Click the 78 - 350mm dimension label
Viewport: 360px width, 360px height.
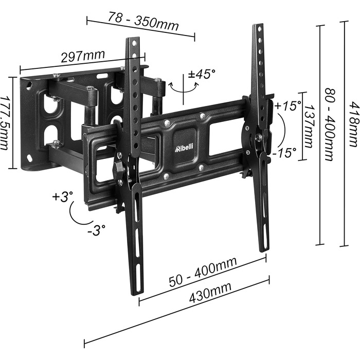[x=143, y=22]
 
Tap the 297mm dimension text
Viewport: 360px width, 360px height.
[x=83, y=56]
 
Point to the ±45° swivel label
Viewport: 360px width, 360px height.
[x=202, y=74]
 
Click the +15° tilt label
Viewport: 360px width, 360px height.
[x=287, y=105]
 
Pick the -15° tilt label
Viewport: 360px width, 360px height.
[x=284, y=153]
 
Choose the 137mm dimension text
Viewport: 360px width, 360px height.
[x=309, y=127]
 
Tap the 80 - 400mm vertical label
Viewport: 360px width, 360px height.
[x=330, y=124]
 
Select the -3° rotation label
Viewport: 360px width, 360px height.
[x=96, y=230]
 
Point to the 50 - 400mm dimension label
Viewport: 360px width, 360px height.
[x=203, y=272]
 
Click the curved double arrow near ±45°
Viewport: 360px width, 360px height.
[x=183, y=87]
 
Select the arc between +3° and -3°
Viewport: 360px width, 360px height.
[x=78, y=213]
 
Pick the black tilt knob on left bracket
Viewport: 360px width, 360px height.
[x=118, y=167]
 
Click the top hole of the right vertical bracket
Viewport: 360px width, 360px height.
[x=260, y=29]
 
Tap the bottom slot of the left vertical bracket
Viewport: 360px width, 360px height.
[x=138, y=277]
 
